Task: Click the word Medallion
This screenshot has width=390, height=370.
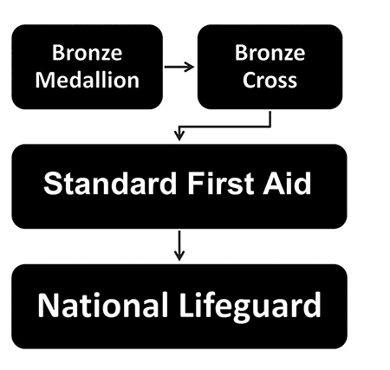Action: click(x=88, y=80)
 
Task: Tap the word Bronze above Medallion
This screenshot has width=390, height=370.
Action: click(x=88, y=53)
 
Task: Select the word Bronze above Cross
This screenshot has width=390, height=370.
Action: click(x=270, y=53)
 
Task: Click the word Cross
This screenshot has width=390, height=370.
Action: click(x=270, y=80)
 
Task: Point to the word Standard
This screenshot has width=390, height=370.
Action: click(x=110, y=184)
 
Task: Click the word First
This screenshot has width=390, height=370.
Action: click(x=221, y=184)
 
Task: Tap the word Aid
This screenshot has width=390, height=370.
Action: click(x=287, y=184)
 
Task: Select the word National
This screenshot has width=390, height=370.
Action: click(x=103, y=305)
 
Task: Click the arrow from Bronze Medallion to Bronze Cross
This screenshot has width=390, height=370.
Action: click(x=179, y=67)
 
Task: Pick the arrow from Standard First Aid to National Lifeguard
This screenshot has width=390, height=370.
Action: click(x=179, y=245)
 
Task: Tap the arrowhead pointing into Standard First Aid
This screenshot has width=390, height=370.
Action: click(x=179, y=135)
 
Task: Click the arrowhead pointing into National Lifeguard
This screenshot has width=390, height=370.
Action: click(x=179, y=256)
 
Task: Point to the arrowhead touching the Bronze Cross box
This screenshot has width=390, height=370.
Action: click(x=190, y=67)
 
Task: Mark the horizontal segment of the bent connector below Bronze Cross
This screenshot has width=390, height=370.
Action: click(x=224, y=127)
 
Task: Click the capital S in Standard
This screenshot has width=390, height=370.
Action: click(x=52, y=184)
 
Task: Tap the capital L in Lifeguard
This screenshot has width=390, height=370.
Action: click(x=187, y=305)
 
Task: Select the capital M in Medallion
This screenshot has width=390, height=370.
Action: click(x=44, y=80)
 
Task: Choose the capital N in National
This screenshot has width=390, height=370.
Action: click(x=48, y=305)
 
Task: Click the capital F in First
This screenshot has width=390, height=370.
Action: click(x=196, y=184)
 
